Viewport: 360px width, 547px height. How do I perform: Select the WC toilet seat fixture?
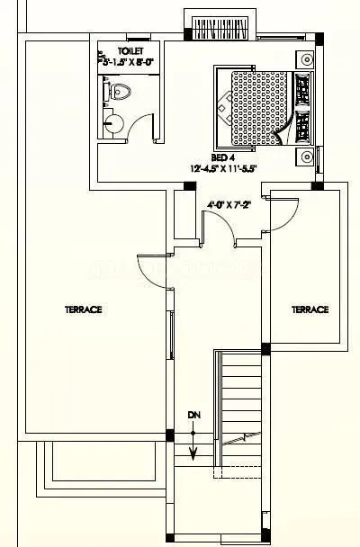pos(119,92)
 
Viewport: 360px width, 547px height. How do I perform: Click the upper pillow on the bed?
pos(303,89)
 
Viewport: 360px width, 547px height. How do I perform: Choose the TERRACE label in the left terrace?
pos(83,309)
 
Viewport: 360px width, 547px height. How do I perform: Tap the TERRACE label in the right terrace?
pos(310,309)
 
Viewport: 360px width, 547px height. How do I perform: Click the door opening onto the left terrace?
pos(153,270)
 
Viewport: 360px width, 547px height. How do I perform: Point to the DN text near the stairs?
pos(193,416)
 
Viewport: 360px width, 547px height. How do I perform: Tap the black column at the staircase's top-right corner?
pos(265,349)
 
